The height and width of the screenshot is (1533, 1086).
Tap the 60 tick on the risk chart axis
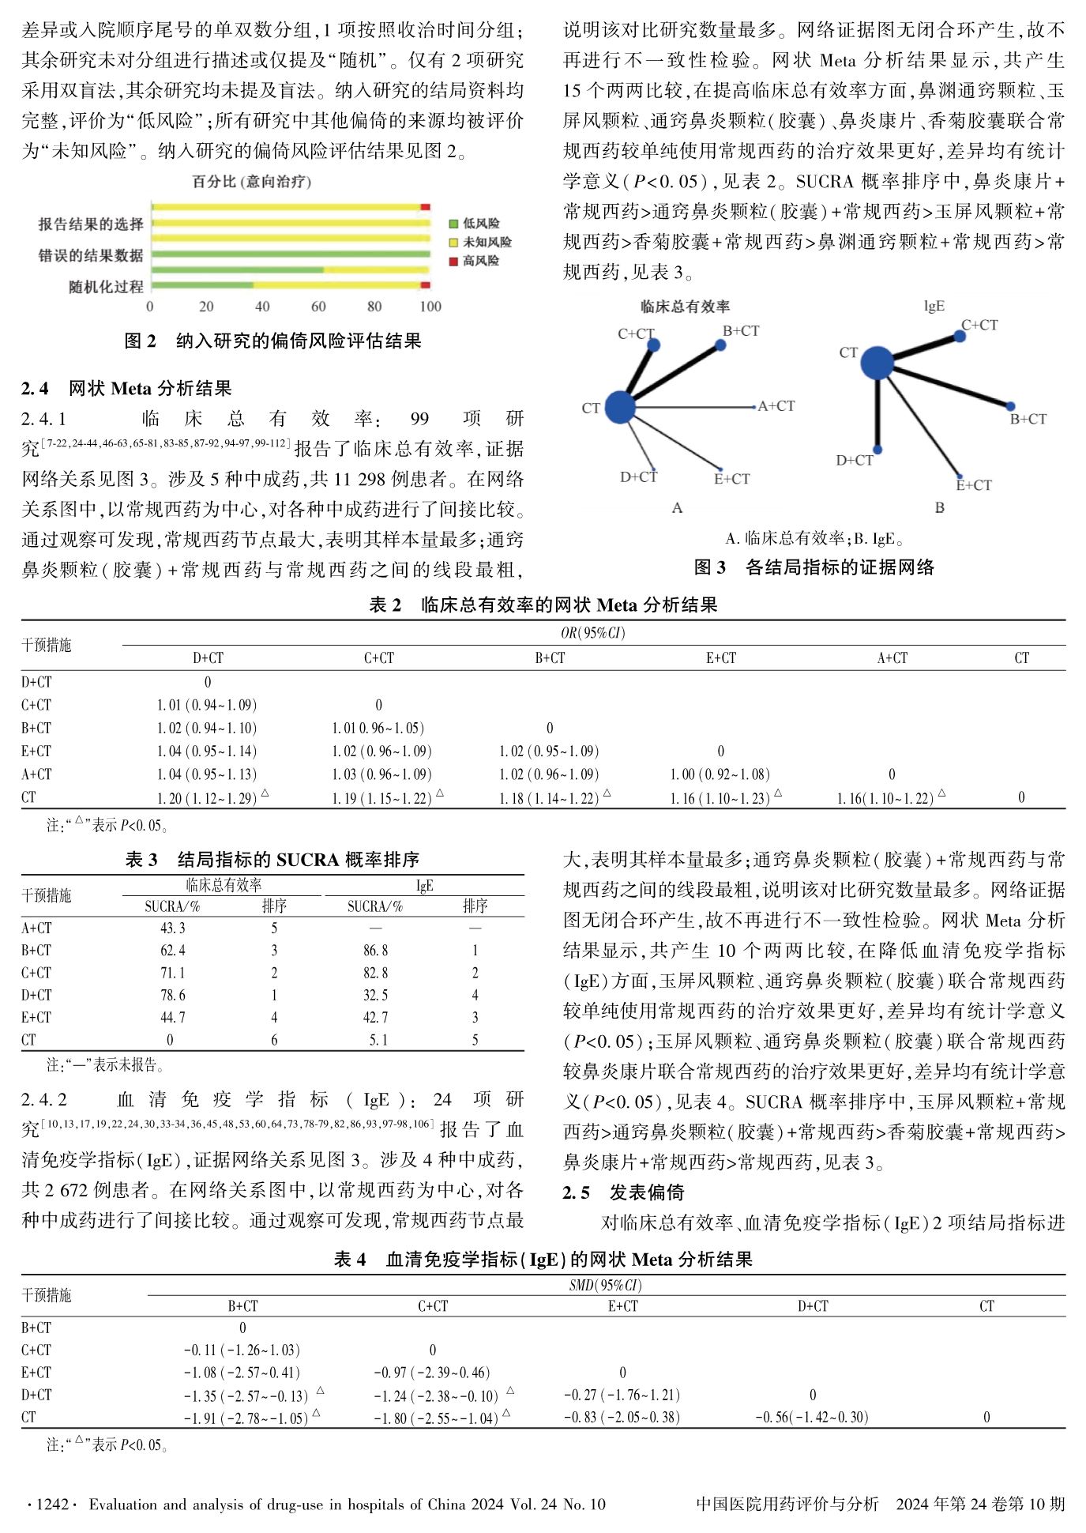[x=318, y=307]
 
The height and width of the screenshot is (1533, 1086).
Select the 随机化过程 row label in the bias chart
[x=106, y=286]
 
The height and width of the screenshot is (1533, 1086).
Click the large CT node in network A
[x=620, y=407]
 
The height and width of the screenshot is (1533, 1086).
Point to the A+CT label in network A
[x=776, y=406]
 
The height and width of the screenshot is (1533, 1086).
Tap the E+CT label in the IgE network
[x=973, y=485]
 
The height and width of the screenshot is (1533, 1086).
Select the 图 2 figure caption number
[x=141, y=341]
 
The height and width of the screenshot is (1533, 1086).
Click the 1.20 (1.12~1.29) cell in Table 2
[x=207, y=798]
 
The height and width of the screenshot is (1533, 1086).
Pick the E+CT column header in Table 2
[x=720, y=657]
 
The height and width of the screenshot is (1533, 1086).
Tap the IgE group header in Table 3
[x=424, y=886]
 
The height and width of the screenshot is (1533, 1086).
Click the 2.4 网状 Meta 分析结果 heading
[x=126, y=388]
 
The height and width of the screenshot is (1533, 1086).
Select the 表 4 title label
[x=350, y=1259]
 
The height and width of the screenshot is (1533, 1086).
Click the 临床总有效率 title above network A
[x=685, y=307]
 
